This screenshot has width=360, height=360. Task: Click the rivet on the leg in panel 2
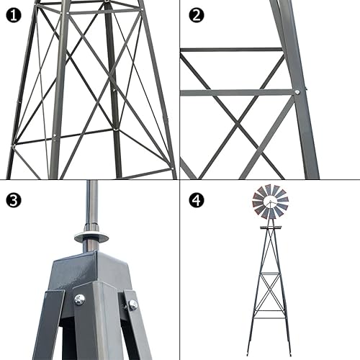pyautogui.click(x=297, y=91)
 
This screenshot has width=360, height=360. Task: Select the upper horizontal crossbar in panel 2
pyautogui.click(x=230, y=50)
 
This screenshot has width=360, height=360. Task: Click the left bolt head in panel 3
pyautogui.click(x=79, y=300)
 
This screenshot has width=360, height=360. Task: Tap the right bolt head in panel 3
pyautogui.click(x=132, y=305)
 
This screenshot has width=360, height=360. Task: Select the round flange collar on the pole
pyautogui.click(x=91, y=237)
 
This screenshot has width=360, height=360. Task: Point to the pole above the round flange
pyautogui.click(x=91, y=205)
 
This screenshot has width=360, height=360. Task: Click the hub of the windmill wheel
pyautogui.click(x=270, y=202)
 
